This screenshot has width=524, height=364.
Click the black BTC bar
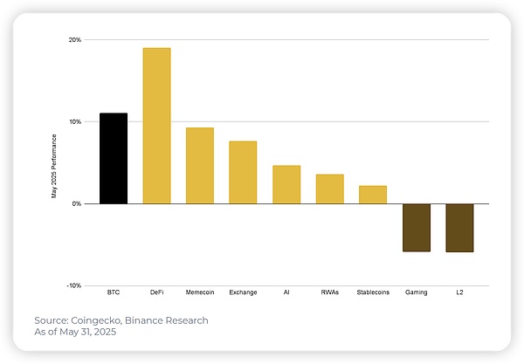coord(114,158)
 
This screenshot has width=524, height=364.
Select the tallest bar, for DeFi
coord(156,126)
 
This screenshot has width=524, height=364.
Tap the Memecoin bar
coord(200,165)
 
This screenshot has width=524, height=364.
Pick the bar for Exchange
coord(243,172)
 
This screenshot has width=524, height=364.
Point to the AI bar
coord(286,184)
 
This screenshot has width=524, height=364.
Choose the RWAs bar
coord(329,189)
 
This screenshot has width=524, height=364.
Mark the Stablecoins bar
coord(373,194)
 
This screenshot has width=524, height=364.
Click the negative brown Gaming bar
coord(417,227)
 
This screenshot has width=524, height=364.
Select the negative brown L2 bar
coord(459,227)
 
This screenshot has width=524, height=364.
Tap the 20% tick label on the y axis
coord(75,40)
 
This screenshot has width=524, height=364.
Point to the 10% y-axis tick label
coord(75,121)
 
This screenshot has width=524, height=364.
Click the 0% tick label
coord(77,203)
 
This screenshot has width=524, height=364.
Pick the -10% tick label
coord(74,285)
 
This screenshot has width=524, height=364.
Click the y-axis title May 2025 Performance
coord(53,166)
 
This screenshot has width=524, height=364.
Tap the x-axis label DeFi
coord(156,292)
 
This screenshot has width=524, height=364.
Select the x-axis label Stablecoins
coord(373,292)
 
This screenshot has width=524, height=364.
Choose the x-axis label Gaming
coord(417,292)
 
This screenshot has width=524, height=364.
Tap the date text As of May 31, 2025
coord(75,332)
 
